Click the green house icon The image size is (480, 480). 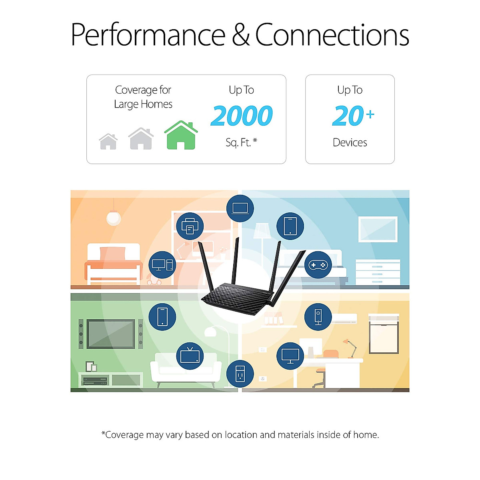pos(181,136)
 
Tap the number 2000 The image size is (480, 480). pos(242,116)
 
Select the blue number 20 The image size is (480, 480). pos(348,116)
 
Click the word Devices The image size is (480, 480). pos(350,142)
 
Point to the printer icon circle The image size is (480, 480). pos(190,226)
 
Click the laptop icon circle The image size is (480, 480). pos(240,208)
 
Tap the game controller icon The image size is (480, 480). pos(318,265)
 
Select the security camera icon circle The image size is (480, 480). pos(318,317)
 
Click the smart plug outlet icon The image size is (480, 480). pos(240,374)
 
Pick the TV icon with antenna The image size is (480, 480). pos(190,356)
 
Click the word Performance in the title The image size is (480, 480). pos(148,35)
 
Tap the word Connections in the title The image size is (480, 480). pos(332,35)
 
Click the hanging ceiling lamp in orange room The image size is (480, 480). pos(114,217)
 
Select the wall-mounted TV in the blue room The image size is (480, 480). pos(378,229)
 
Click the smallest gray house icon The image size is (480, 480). pos(108,142)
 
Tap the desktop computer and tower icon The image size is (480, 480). pos(162,265)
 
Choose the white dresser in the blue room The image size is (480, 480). pos(378,272)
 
